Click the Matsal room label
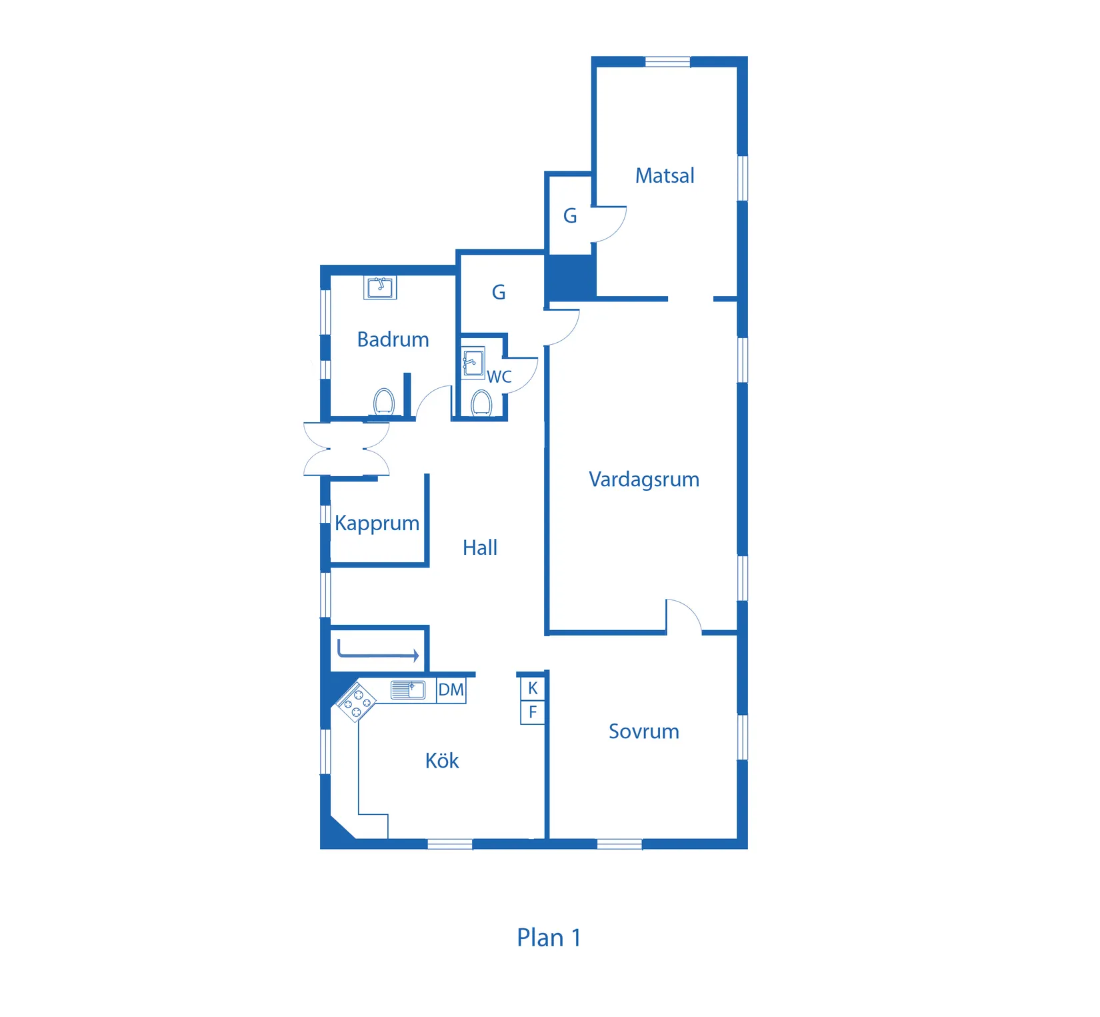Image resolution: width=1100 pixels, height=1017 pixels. [x=665, y=175]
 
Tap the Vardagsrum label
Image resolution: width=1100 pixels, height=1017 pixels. [x=644, y=479]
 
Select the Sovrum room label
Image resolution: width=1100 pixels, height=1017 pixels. [x=644, y=731]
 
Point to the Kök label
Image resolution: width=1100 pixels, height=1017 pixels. [x=442, y=760]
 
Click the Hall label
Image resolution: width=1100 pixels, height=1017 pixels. [x=480, y=548]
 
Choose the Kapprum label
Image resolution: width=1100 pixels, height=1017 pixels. [x=377, y=524]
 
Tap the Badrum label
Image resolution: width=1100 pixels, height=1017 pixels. [x=393, y=339]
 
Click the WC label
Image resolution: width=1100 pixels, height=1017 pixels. [x=499, y=377]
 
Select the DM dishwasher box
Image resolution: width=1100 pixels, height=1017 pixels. [x=451, y=690]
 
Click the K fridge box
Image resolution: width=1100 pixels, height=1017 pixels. [x=533, y=688]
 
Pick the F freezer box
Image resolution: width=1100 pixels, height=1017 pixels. [x=533, y=712]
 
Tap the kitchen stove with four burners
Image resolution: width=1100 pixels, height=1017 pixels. [x=356, y=702]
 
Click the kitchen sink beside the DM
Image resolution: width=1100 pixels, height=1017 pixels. [x=408, y=690]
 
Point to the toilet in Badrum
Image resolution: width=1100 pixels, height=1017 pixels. [x=383, y=402]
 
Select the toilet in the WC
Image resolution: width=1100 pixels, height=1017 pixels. [x=481, y=403]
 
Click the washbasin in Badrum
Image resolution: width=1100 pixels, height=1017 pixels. [x=381, y=287]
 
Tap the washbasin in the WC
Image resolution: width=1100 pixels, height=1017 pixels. [x=473, y=363]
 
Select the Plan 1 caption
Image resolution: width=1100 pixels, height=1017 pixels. [x=549, y=938]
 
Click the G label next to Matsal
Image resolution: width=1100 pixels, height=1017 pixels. [x=570, y=216]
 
